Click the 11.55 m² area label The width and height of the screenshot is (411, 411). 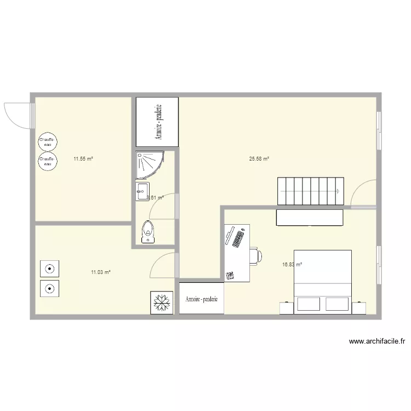[83, 159]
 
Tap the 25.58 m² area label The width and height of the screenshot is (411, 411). [259, 159]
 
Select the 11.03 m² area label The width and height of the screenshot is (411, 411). [101, 272]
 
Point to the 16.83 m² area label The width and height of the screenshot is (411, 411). [292, 264]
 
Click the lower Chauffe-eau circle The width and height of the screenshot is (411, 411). [47, 162]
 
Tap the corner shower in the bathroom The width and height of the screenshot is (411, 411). [146, 165]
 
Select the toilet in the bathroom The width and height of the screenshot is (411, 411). [147, 232]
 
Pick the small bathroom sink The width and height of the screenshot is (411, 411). [141, 192]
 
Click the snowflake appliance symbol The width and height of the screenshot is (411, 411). [161, 302]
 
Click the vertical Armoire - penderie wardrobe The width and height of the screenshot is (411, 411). [157, 123]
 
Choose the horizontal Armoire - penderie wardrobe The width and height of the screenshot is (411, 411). [202, 299]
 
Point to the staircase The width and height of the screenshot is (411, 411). [311, 191]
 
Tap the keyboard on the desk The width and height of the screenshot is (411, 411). [238, 238]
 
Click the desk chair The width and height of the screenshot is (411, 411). [256, 255]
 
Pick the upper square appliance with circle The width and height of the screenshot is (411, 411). [50, 269]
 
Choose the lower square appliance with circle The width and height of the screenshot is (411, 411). [50, 288]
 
